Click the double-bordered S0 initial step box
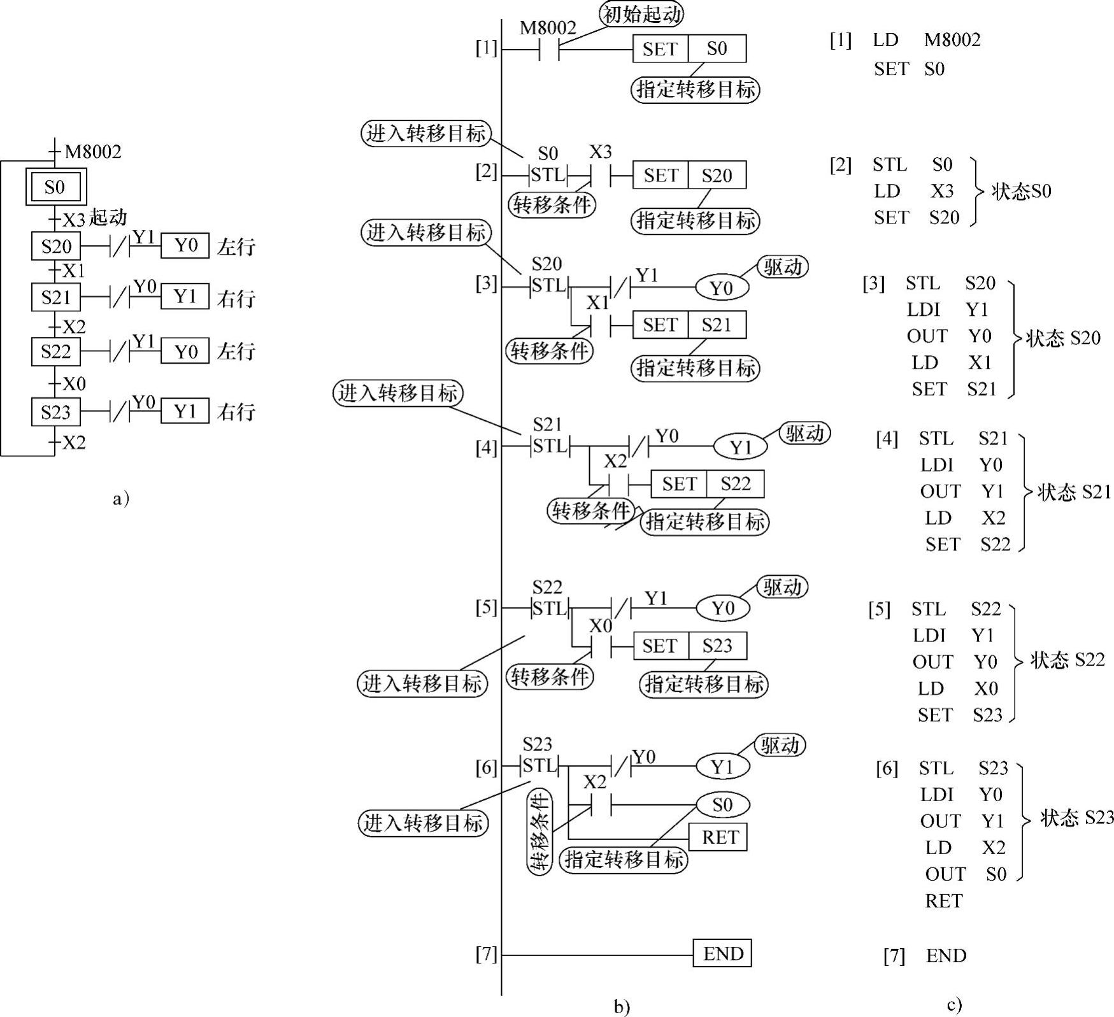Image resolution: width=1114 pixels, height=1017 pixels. [55, 187]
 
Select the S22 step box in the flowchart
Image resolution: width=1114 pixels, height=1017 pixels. [55, 352]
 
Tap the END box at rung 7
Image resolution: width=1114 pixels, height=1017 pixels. [722, 953]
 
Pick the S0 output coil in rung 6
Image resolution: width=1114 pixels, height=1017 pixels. [722, 805]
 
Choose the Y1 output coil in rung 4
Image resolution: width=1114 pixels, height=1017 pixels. [740, 447]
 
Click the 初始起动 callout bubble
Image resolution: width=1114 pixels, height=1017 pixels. [641, 13]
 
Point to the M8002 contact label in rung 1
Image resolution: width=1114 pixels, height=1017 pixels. [548, 28]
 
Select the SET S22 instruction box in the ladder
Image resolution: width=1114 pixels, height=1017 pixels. [707, 484]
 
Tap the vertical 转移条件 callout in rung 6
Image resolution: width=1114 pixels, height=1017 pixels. [539, 832]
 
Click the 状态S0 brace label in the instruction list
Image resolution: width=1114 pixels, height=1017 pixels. [1021, 191]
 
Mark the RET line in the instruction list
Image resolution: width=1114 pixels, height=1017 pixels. [944, 900]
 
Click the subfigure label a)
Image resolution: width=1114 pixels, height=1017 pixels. [120, 498]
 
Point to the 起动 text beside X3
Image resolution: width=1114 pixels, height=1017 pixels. [108, 217]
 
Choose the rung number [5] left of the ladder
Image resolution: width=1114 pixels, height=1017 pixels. [486, 608]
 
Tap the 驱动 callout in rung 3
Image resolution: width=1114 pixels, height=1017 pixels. [782, 267]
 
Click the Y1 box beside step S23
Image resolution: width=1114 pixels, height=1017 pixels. [185, 411]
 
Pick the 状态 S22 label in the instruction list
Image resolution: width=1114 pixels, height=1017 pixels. [1068, 660]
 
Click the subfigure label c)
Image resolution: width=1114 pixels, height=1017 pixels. [953, 1005]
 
